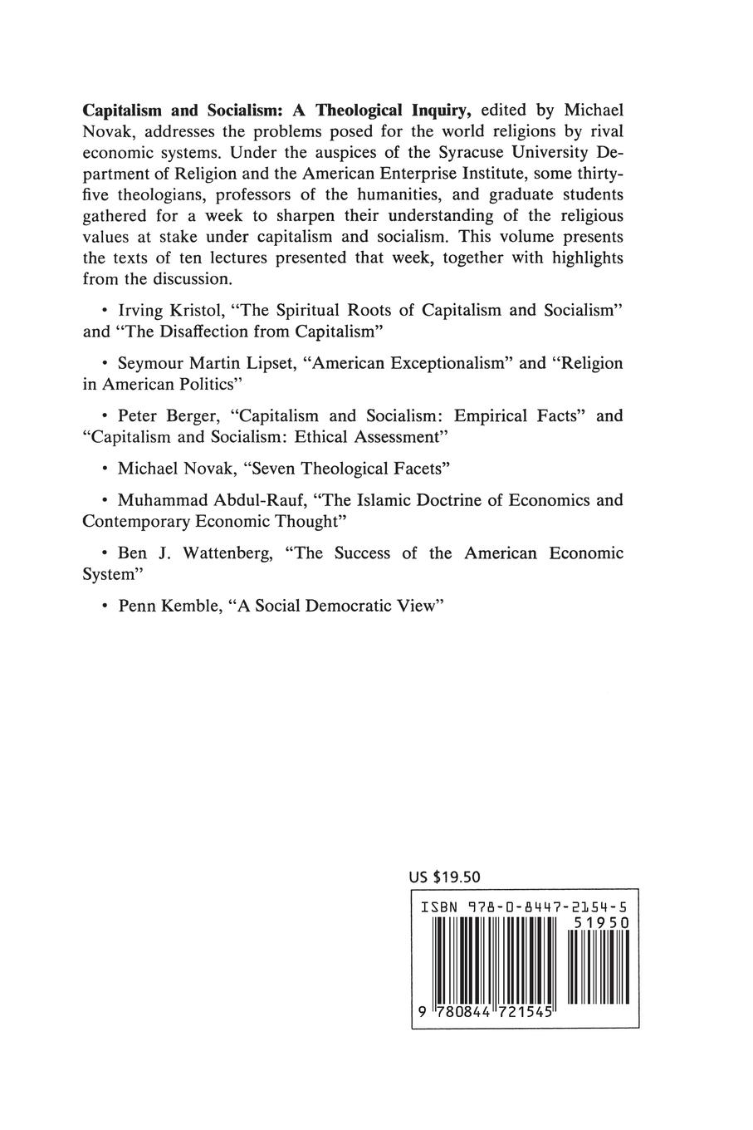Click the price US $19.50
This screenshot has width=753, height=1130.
point(445,877)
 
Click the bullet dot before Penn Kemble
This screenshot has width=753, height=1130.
point(104,607)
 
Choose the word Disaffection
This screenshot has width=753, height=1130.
point(203,331)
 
